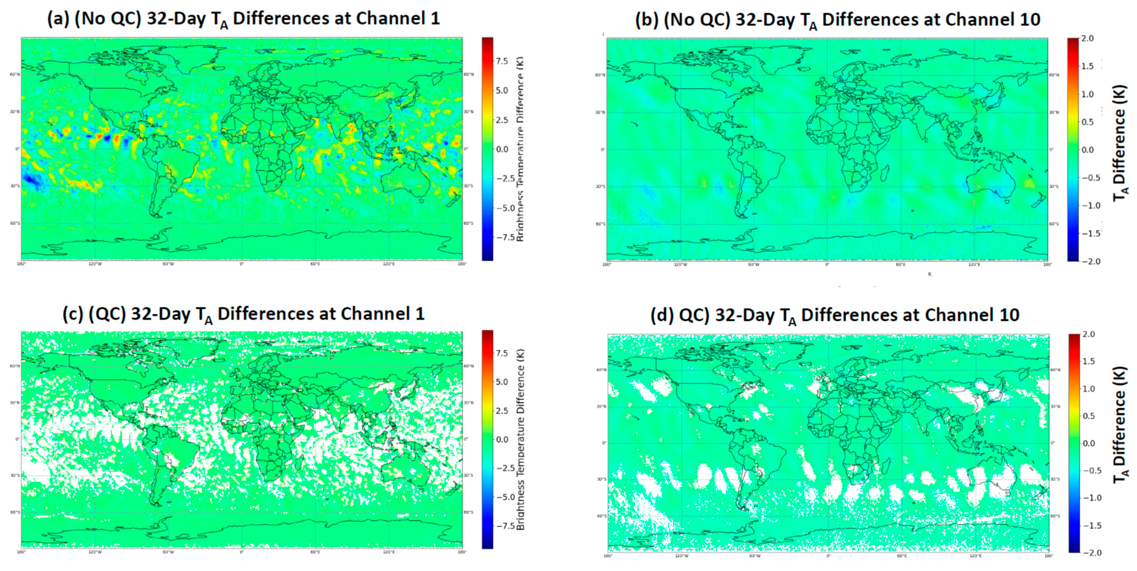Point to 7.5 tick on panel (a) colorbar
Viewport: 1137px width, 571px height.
click(502, 61)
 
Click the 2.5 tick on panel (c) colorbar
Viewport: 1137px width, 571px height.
click(502, 410)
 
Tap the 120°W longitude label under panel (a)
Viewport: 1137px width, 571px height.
click(95, 264)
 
